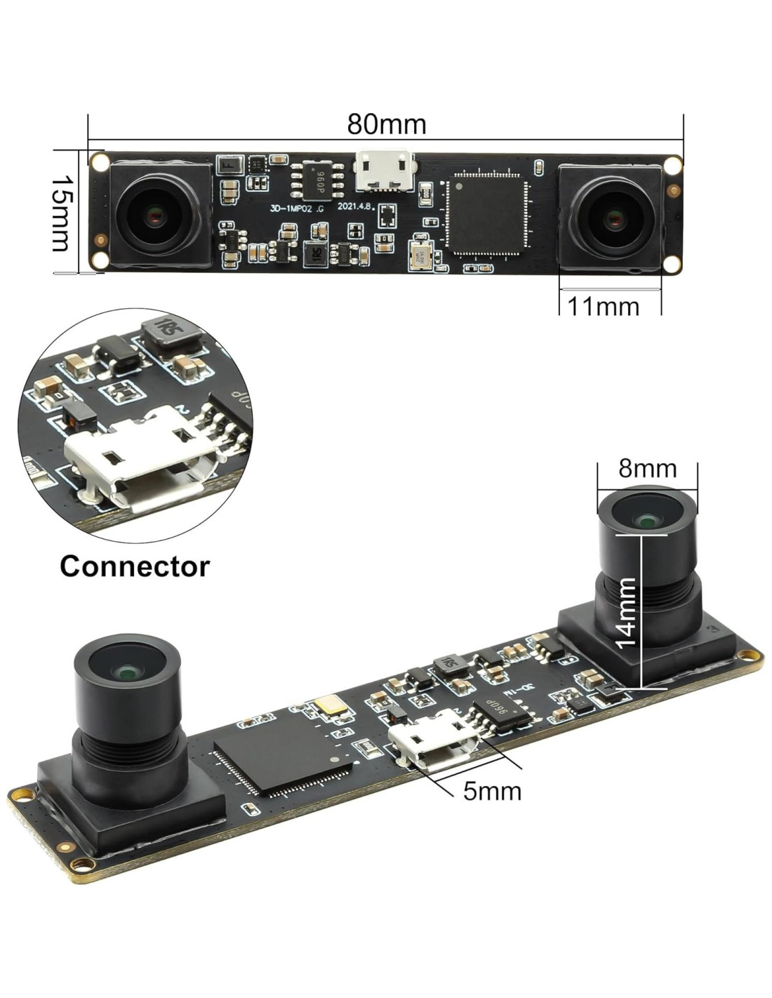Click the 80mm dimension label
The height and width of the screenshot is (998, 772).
point(386,124)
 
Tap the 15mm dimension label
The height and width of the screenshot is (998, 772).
point(62,213)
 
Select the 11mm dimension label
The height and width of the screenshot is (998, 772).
point(603,307)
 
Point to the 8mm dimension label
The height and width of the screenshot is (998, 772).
point(647,468)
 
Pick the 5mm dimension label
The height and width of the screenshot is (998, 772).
point(492,791)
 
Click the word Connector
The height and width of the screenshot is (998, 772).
point(135,566)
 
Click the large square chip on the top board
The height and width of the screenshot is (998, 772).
point(486,214)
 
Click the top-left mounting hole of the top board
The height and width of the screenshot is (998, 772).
point(100,162)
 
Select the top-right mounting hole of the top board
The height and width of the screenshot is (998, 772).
point(673,165)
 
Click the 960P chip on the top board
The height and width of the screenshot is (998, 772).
point(317,180)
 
